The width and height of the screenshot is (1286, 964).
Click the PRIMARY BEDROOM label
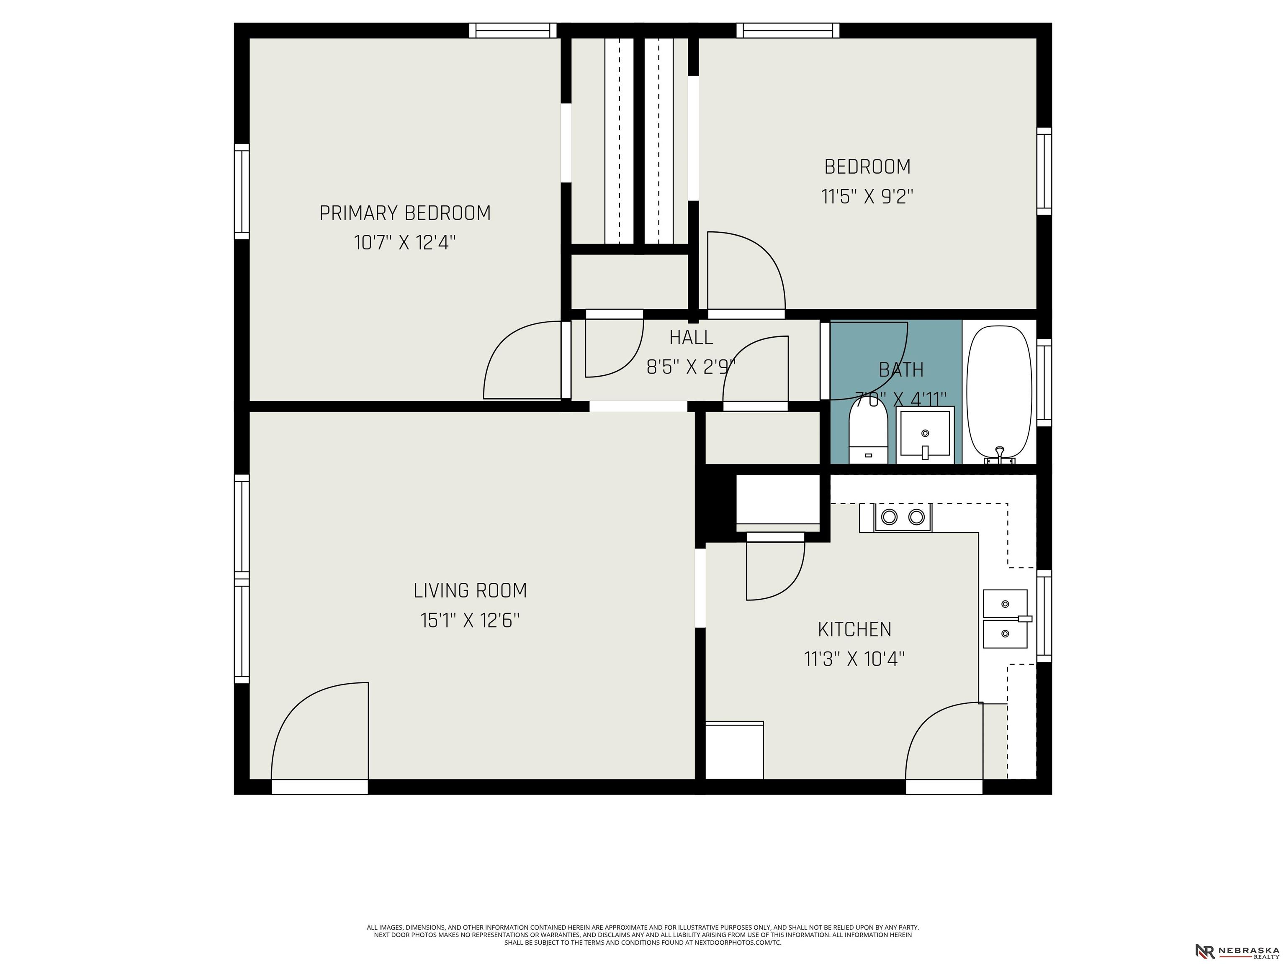click(x=405, y=213)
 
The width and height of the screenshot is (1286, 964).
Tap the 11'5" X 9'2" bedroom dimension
click(x=867, y=197)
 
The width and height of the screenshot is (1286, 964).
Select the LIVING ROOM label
click(x=471, y=590)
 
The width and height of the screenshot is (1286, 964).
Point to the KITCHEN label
click(x=855, y=629)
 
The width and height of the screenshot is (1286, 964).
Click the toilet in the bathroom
click(x=868, y=431)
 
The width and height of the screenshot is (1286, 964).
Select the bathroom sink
click(x=925, y=435)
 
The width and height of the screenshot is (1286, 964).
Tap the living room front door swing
click(x=320, y=731)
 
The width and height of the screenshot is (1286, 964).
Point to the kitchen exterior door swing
click(x=944, y=741)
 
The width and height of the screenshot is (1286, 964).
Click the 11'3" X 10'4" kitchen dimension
click(x=855, y=659)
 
